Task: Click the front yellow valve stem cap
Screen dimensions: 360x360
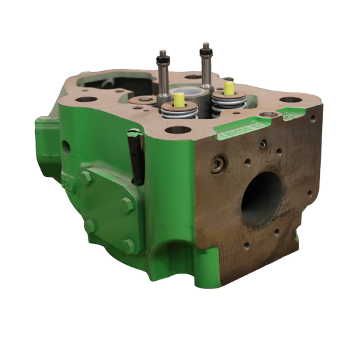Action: (180, 99)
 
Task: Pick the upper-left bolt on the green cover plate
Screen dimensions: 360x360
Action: (86, 178)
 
